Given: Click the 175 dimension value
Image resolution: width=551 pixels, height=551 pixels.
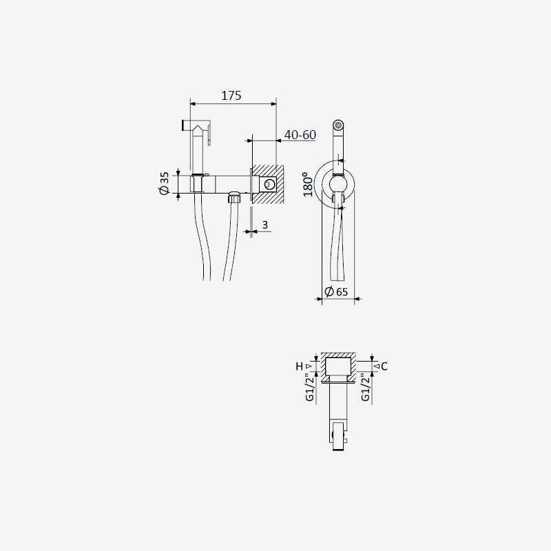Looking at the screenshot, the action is click(x=231, y=96).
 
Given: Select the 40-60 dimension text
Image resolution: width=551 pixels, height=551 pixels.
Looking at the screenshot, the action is click(x=300, y=134).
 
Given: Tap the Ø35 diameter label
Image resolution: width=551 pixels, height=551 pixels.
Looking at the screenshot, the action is click(x=164, y=183).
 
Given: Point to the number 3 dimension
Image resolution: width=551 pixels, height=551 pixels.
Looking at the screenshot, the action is click(x=265, y=225).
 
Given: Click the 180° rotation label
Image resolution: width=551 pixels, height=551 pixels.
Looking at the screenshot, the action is click(x=308, y=184).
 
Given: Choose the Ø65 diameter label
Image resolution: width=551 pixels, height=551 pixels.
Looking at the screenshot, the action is click(x=336, y=291).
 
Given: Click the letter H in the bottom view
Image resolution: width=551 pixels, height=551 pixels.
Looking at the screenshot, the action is click(x=299, y=366).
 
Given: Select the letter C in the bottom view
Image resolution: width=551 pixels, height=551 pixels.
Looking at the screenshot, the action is click(x=384, y=366).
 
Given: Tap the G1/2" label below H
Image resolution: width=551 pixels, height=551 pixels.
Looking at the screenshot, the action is click(x=309, y=388).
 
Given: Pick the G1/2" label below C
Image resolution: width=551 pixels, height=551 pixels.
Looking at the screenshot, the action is click(x=366, y=388).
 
